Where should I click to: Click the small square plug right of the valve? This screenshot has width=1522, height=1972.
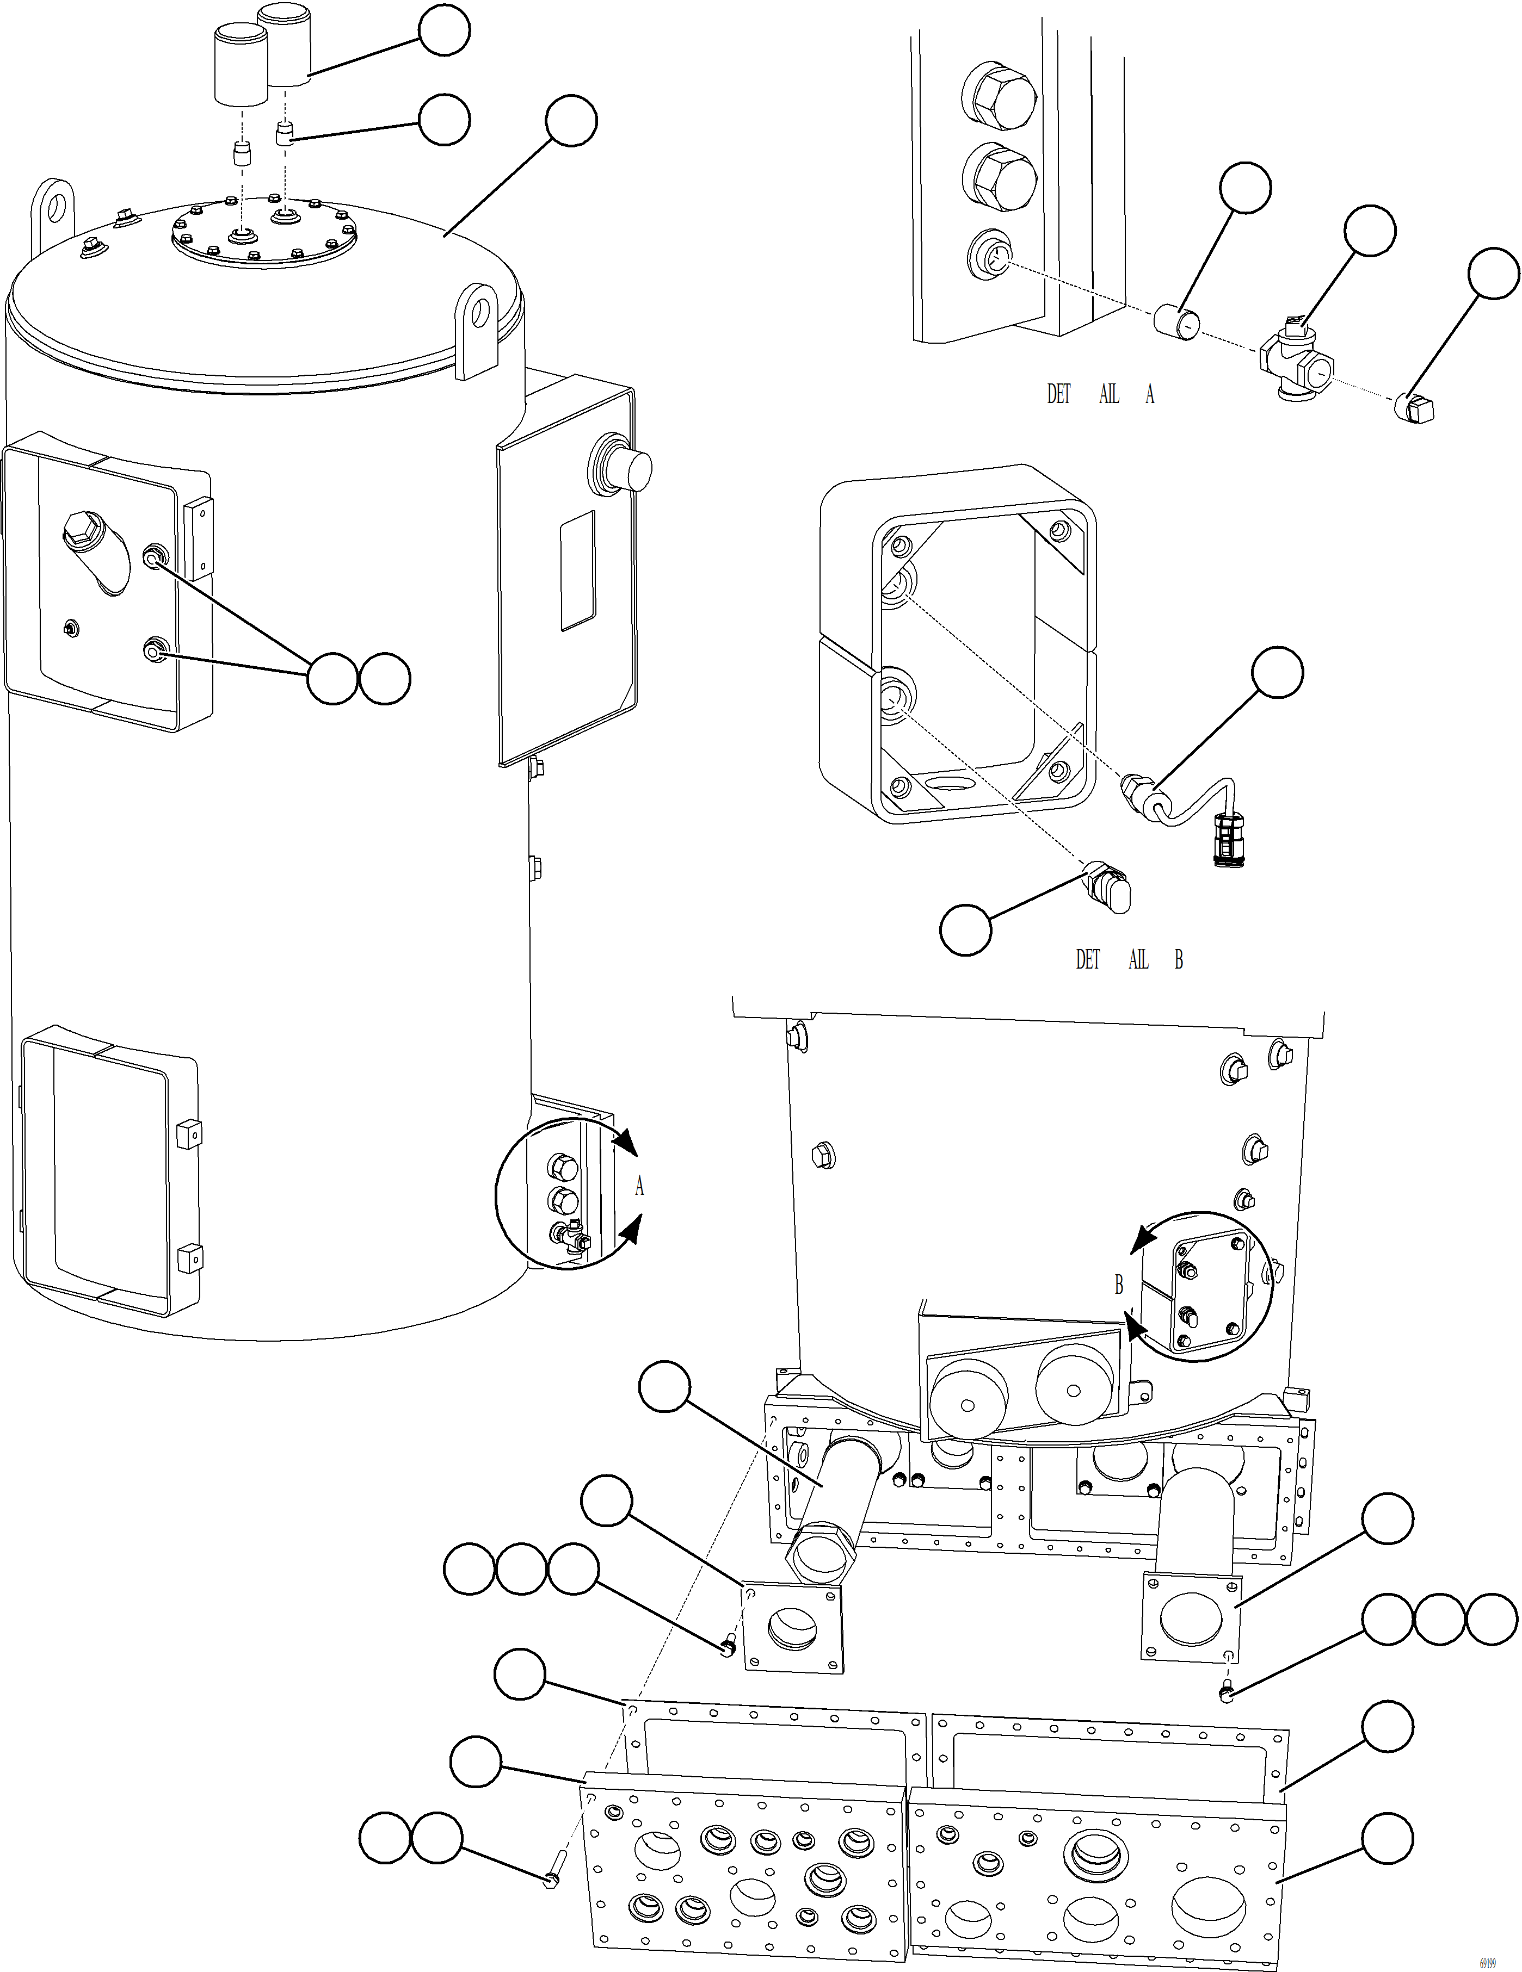[x=1414, y=408]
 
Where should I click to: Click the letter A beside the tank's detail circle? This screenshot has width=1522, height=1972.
[x=639, y=1187]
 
